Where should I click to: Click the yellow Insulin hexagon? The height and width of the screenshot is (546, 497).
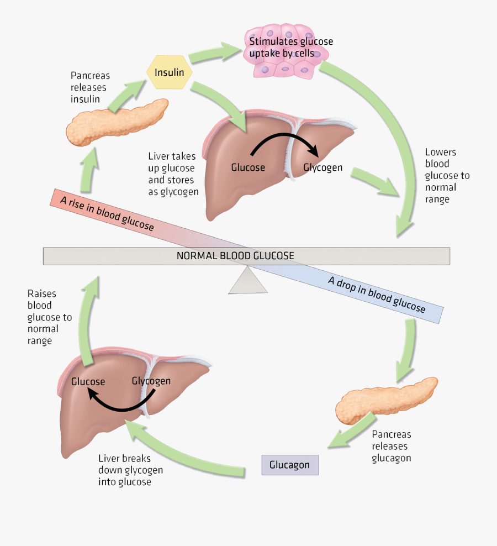(169, 72)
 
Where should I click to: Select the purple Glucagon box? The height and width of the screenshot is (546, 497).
(289, 465)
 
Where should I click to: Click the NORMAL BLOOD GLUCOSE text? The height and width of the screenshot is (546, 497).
(235, 256)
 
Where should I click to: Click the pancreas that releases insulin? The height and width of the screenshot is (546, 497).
(117, 122)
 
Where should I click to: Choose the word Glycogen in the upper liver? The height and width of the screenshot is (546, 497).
(322, 167)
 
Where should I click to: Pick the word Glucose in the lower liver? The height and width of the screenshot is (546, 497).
(88, 381)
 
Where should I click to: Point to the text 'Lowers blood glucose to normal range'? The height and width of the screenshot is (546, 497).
(446, 175)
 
